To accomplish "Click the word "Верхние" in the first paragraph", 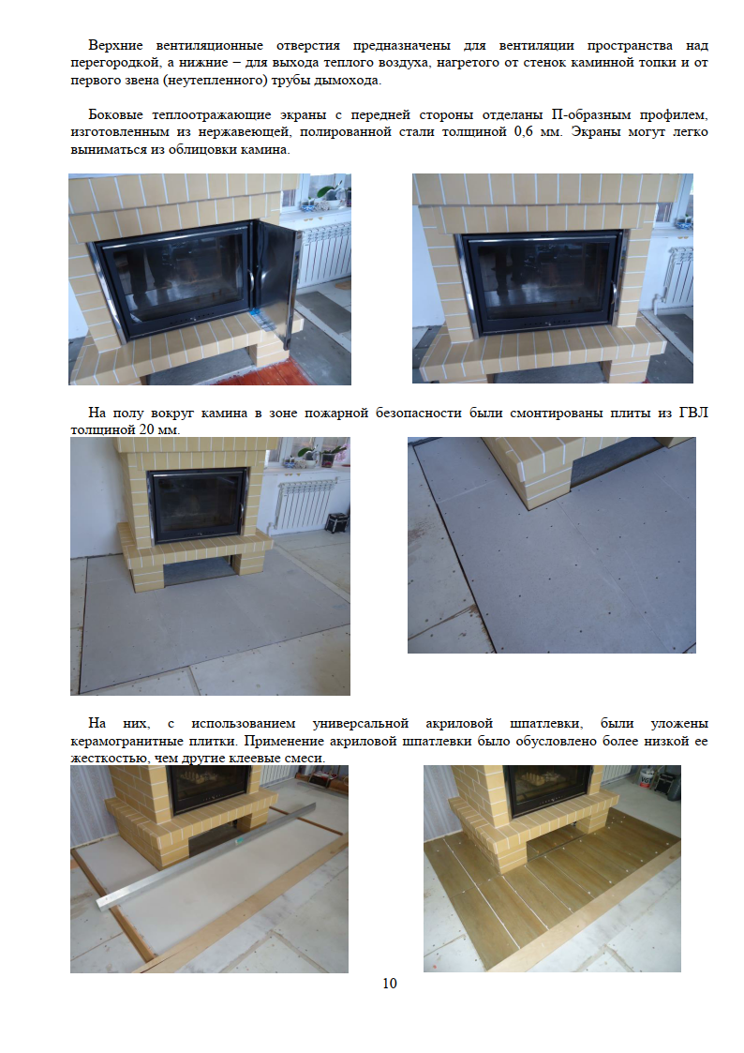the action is pos(115,45).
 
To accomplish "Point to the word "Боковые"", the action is pos(112,114).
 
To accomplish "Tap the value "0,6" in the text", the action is pos(523,132).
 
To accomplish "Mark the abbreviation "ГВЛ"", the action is pos(693,413).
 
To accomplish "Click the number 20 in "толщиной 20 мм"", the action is pos(147,429).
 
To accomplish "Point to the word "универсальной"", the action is pos(360,724).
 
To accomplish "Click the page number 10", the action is pos(390,984).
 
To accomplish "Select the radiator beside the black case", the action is pos(298,504).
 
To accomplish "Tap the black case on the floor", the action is pos(336,521).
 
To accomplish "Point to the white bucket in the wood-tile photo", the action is pos(645,776).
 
